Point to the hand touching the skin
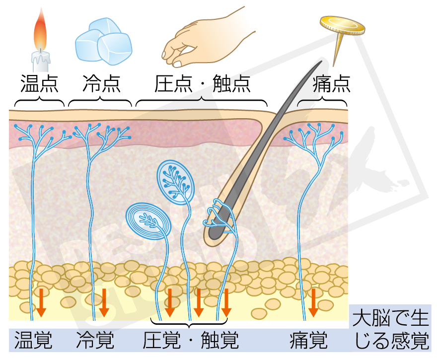pyautogui.click(x=204, y=40)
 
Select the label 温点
pyautogui.click(x=39, y=83)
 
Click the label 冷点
pyautogui.click(x=100, y=83)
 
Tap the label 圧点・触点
pyautogui.click(x=201, y=83)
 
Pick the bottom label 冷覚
pyautogui.click(x=95, y=341)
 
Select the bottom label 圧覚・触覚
pyautogui.click(x=191, y=341)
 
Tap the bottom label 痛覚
pyautogui.click(x=308, y=341)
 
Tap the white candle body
pyautogui.click(x=41, y=62)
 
